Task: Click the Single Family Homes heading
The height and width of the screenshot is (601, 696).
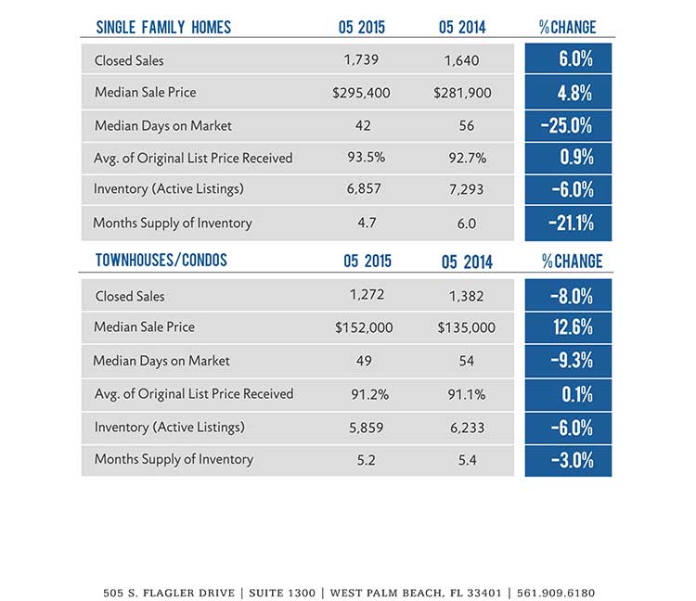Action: tap(163, 28)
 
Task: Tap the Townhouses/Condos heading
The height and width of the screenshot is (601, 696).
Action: tap(161, 261)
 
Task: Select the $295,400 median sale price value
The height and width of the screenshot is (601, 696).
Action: tap(361, 93)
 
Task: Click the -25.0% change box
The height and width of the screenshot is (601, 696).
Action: tap(568, 126)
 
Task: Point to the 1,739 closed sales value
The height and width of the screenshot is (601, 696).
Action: tap(361, 60)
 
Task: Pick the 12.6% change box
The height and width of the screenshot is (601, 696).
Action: tap(568, 327)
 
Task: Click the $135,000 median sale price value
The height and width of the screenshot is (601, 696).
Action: tap(467, 327)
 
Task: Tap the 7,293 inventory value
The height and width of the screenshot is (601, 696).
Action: tap(466, 189)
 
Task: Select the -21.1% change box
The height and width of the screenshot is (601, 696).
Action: tap(568, 224)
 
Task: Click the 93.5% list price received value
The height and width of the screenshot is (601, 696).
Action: tap(367, 158)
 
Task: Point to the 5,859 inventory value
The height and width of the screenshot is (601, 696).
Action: tap(367, 428)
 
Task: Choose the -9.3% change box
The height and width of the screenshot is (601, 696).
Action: tap(568, 361)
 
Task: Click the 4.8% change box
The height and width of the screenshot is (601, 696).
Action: tap(568, 92)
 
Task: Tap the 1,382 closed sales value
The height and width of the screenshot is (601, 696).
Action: tap(466, 296)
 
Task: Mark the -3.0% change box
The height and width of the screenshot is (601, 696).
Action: tap(568, 461)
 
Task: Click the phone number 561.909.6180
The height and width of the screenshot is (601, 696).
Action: tap(556, 593)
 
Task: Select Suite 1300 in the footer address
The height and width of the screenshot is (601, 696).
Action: tap(282, 593)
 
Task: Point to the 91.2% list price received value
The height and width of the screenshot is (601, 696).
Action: tap(369, 394)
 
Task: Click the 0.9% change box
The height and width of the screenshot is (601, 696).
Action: tap(568, 158)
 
